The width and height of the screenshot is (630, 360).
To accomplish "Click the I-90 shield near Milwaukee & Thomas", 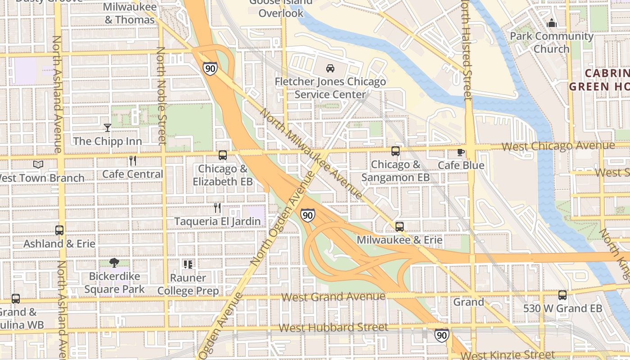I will pos(210,68).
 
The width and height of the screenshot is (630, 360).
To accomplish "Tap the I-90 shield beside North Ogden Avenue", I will pos(307,215).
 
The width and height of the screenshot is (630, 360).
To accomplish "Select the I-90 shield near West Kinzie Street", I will pos(441,335).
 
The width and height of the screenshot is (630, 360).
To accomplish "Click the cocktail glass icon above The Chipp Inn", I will pos(107,128).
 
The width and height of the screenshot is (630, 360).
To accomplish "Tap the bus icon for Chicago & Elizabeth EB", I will pos(222,155).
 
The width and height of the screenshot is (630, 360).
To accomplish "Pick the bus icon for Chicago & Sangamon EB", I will pos(396,151).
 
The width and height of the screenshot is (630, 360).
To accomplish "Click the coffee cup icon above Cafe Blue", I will pos(461,152).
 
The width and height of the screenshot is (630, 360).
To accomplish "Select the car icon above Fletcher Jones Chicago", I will pos(330,68).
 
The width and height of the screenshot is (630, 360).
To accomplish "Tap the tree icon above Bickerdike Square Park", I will pos(114,263).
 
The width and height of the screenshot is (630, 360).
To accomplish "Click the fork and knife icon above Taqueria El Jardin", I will pos(217,207).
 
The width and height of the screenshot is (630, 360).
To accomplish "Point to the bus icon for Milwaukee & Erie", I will pos(399,226).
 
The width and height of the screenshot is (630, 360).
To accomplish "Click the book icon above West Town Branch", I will pos(38,164).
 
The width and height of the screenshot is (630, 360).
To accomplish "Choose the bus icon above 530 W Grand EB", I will pos(562,295).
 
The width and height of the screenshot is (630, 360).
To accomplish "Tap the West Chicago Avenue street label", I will pos(558,146).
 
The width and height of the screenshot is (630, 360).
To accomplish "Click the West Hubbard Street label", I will pos(333,327).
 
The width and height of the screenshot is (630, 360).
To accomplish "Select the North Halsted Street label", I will pos(467,49).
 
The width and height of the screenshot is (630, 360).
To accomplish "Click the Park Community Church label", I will pos(552,42).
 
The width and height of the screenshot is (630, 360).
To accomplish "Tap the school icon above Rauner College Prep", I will pos(188,265).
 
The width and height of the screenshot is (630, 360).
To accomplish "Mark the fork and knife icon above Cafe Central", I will pos(132,160).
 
